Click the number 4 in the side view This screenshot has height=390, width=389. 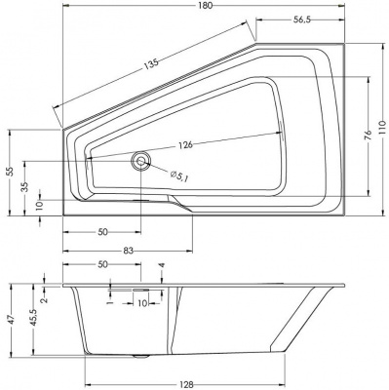161,265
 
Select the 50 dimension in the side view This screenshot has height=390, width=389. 101,265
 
